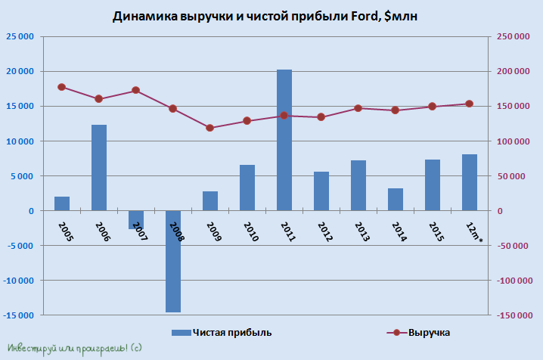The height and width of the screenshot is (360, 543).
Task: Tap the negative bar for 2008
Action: point(173,261)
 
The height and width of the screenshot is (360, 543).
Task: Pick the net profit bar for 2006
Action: point(99,168)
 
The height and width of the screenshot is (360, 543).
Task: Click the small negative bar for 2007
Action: point(136,219)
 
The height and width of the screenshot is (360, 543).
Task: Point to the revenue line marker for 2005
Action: point(62,87)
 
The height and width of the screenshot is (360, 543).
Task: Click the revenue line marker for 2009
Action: point(210,128)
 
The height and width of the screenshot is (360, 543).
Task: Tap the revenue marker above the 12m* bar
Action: point(470,104)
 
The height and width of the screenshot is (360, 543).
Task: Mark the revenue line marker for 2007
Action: point(136,90)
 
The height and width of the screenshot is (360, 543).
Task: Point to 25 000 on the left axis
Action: point(20,36)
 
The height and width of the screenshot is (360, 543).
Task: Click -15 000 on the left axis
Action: point(19,315)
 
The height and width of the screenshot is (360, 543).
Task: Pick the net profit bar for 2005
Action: point(62,203)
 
